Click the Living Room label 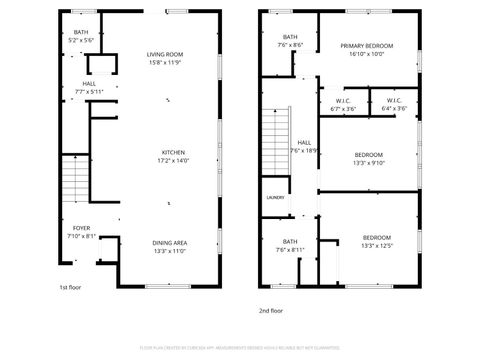click(x=165, y=54)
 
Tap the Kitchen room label click(x=174, y=152)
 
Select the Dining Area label click(x=169, y=243)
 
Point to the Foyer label click(x=81, y=228)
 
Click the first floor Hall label click(x=89, y=83)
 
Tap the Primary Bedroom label click(x=366, y=46)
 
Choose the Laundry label click(x=275, y=197)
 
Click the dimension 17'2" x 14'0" click(x=174, y=161)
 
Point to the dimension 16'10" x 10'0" click(x=366, y=55)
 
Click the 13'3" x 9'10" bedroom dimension click(x=367, y=164)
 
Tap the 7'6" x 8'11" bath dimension click(x=290, y=249)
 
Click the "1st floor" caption click(x=70, y=288)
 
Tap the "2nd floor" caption click(x=271, y=311)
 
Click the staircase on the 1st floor click(x=76, y=181)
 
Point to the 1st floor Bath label click(x=81, y=33)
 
